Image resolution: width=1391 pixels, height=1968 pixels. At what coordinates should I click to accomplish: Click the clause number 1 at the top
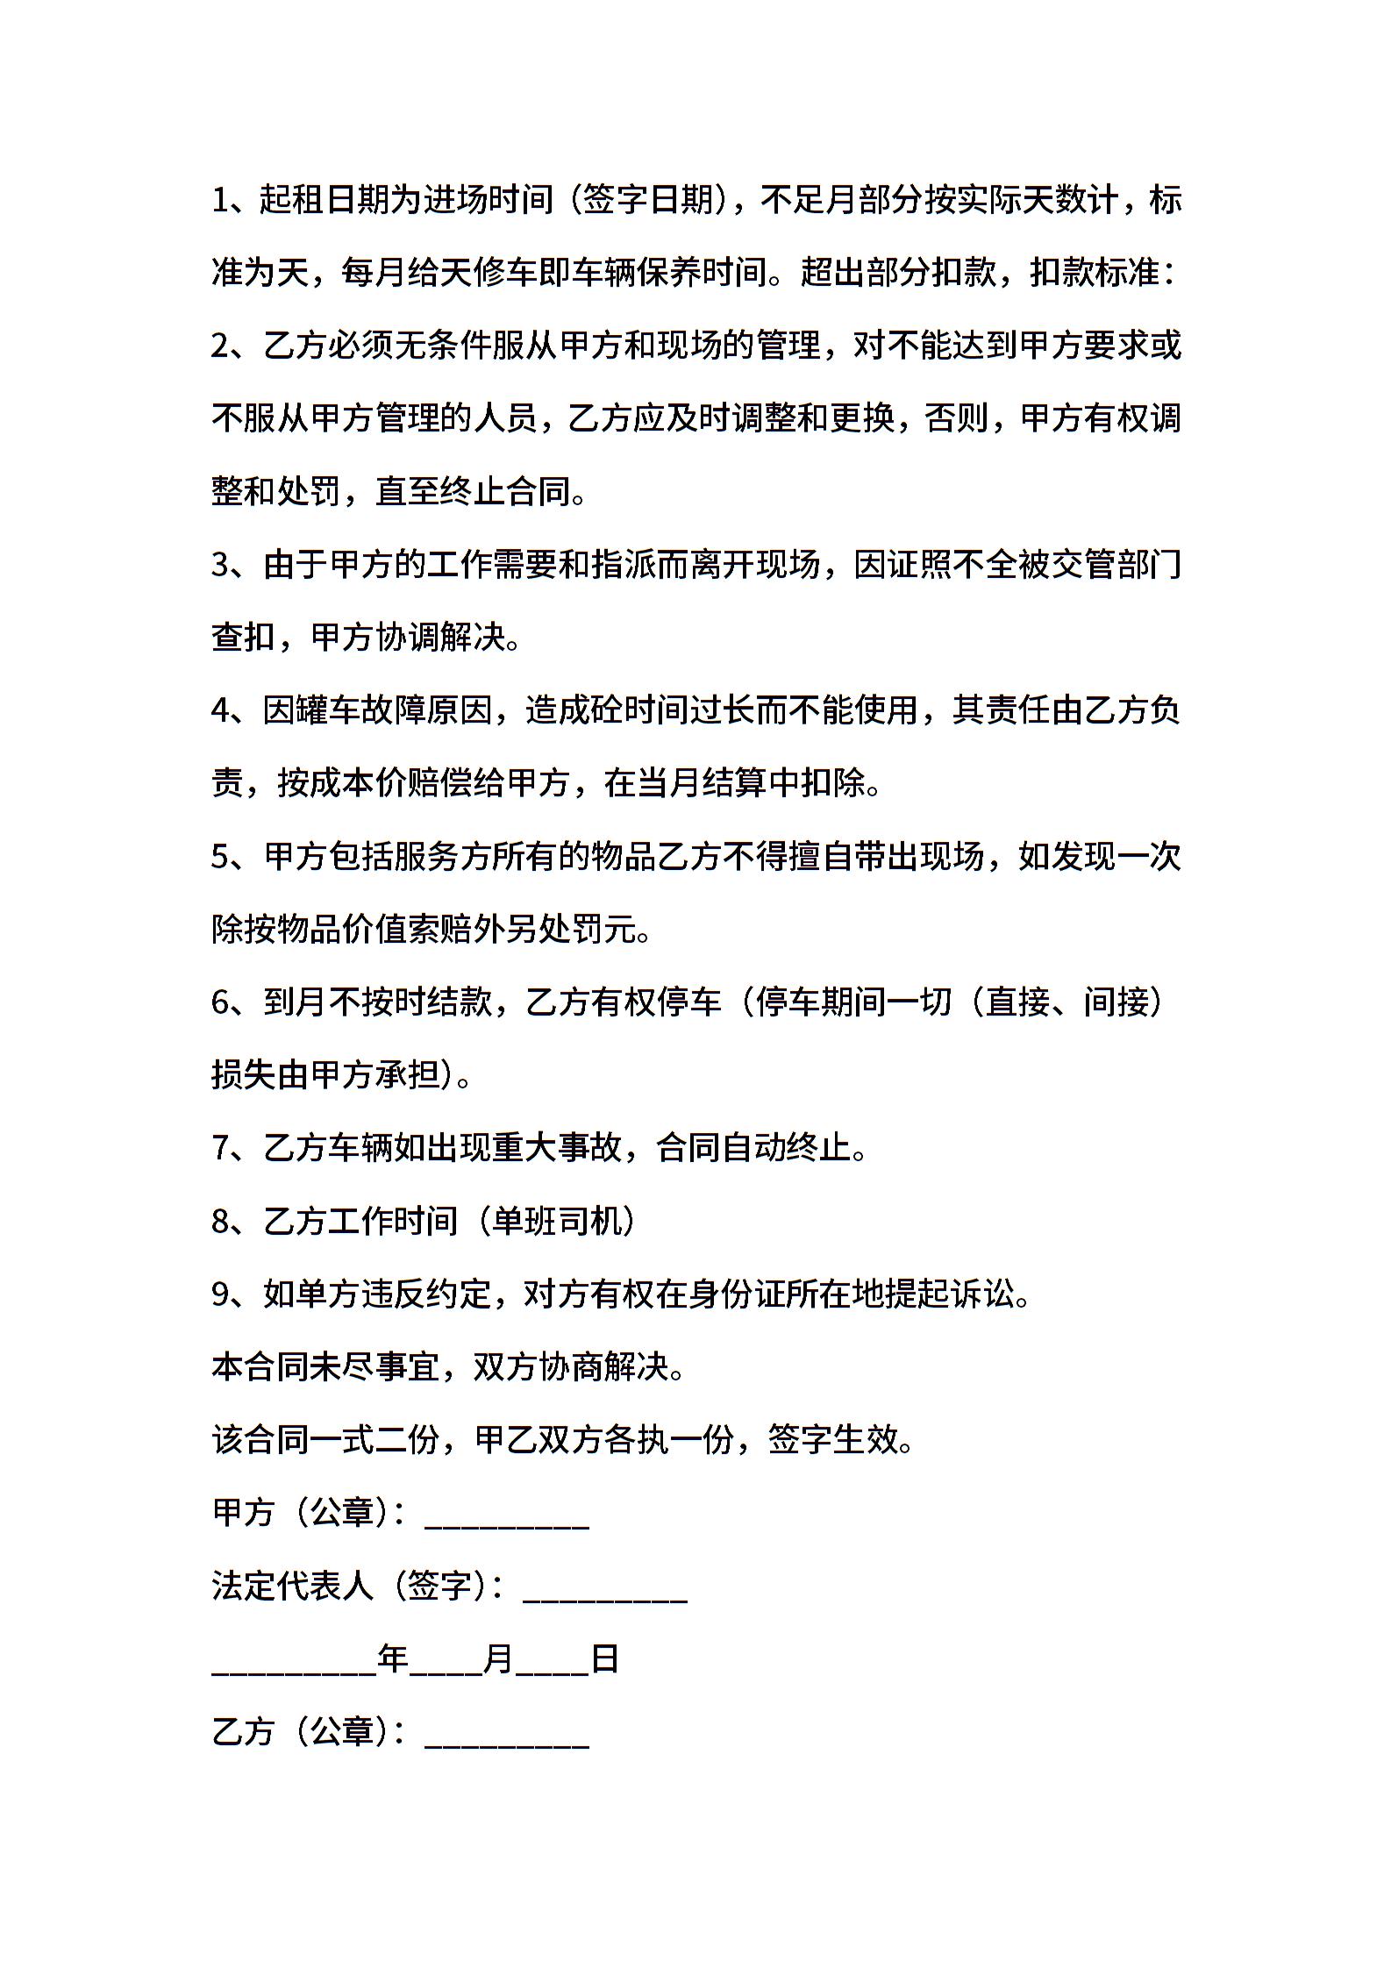[220, 201]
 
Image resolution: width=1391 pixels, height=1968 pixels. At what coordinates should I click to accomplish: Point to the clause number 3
[221, 565]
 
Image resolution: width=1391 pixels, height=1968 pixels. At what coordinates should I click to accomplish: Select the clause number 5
[221, 856]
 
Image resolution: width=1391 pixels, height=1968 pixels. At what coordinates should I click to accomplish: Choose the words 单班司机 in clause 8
[557, 1221]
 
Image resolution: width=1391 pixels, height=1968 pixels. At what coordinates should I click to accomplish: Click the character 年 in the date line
[393, 1658]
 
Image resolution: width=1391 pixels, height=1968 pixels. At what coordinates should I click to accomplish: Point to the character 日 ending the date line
[605, 1658]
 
